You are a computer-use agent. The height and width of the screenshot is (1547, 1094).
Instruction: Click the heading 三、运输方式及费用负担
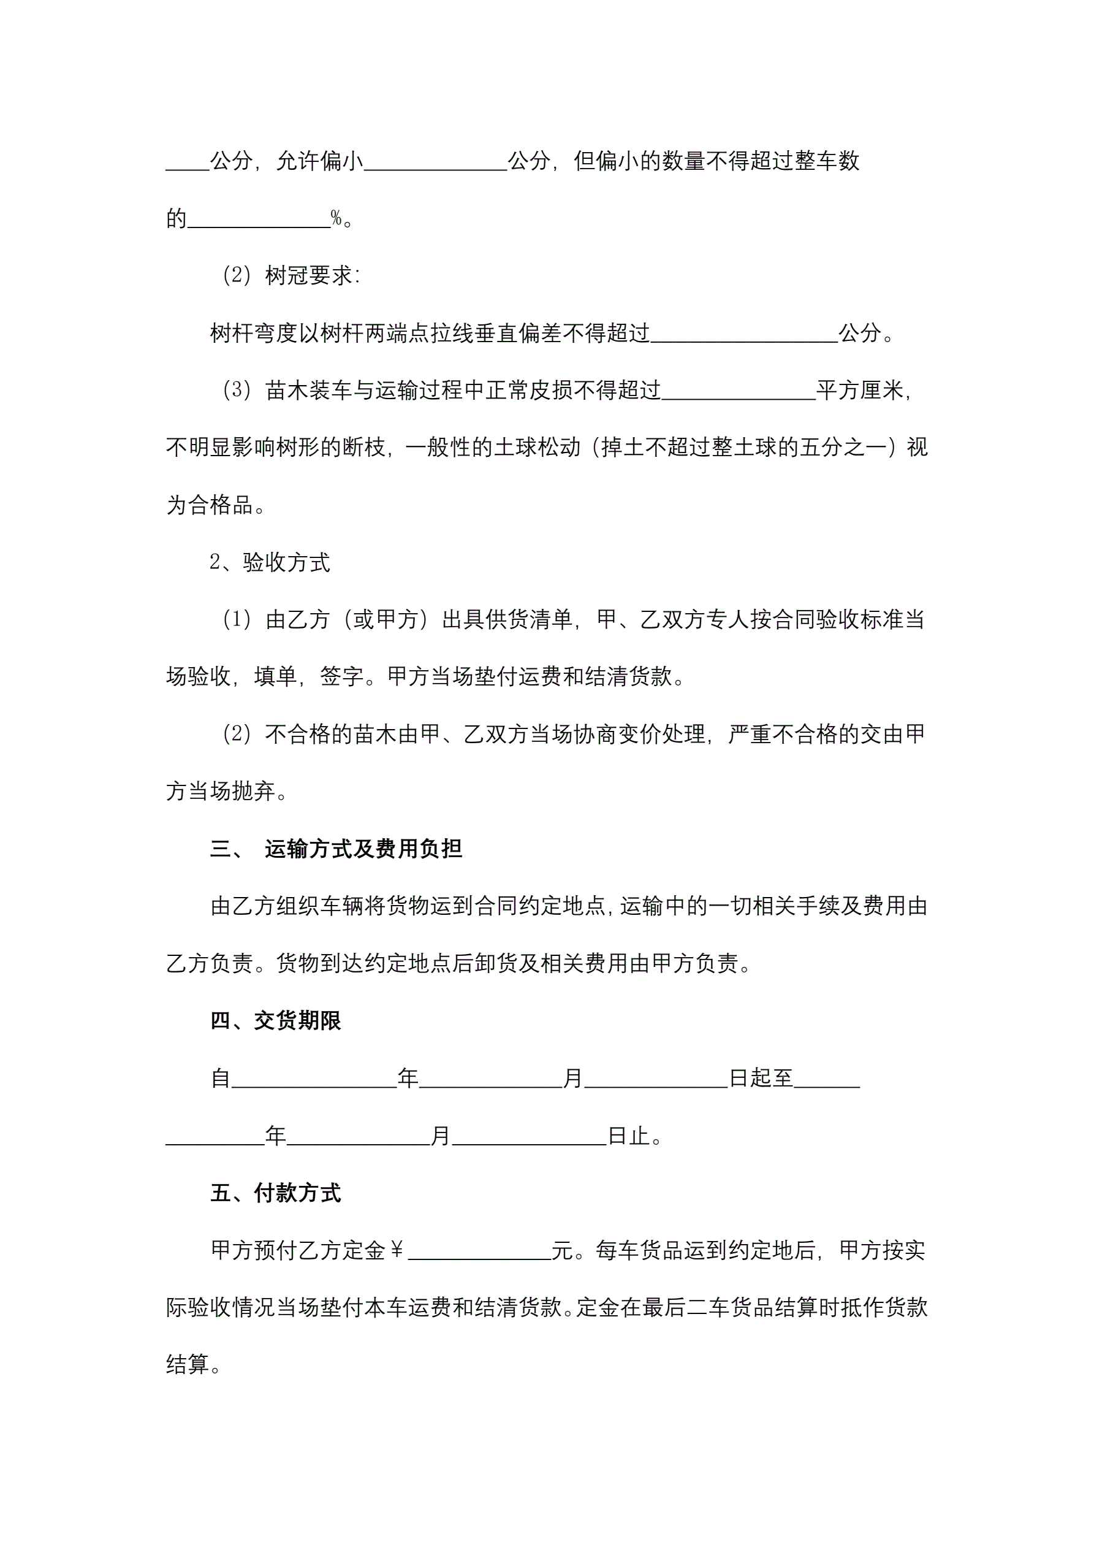coord(336,849)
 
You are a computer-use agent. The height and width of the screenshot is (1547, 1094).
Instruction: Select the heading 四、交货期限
coord(276,1021)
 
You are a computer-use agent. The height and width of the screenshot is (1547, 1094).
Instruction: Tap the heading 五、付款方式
coord(276,1193)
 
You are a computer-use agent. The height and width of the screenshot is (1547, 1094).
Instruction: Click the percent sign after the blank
coord(336,218)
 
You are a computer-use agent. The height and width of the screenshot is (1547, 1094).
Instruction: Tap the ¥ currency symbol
coord(397,1250)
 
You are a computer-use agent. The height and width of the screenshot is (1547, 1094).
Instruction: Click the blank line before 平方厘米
coord(739,391)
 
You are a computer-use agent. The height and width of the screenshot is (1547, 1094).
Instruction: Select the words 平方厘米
coord(859,391)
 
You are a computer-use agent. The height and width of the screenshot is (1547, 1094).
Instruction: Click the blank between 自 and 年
coord(314,1079)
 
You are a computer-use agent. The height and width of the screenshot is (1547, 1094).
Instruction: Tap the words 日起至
coord(761,1079)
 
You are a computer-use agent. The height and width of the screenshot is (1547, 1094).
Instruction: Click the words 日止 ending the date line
coord(628,1136)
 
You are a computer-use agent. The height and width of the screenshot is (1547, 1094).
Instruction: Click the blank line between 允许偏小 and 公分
coord(435,162)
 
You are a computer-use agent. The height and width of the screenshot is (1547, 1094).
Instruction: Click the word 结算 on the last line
coord(188,1365)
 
